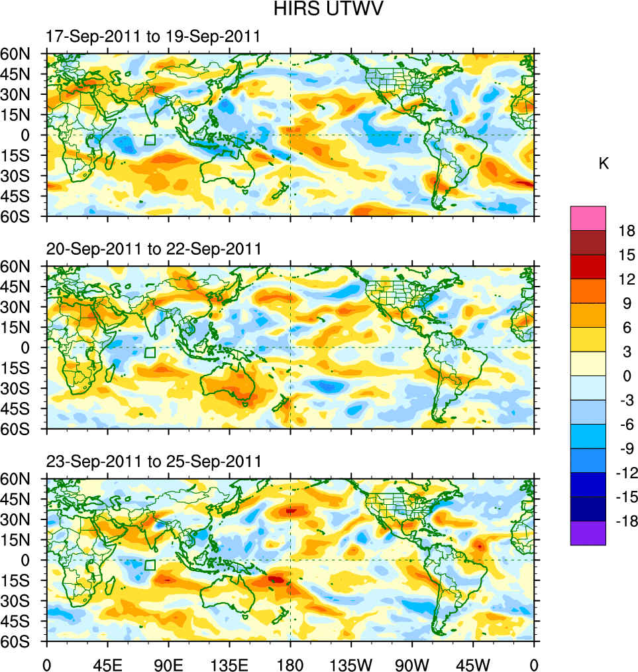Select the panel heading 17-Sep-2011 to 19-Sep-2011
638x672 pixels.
[153, 36]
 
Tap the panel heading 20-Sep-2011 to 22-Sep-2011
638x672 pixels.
[154, 249]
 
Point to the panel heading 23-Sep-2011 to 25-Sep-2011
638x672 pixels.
[154, 461]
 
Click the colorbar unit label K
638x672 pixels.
[604, 164]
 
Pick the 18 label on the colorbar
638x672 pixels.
[627, 231]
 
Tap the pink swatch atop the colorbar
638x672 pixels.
[588, 218]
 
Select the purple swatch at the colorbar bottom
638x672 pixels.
[588, 533]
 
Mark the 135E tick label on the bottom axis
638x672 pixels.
[229, 663]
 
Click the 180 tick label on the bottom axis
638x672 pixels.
[290, 663]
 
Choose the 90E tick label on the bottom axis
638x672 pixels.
[168, 663]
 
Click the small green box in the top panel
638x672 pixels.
[150, 140]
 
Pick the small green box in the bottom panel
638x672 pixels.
[150, 565]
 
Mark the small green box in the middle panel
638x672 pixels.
[150, 352]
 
